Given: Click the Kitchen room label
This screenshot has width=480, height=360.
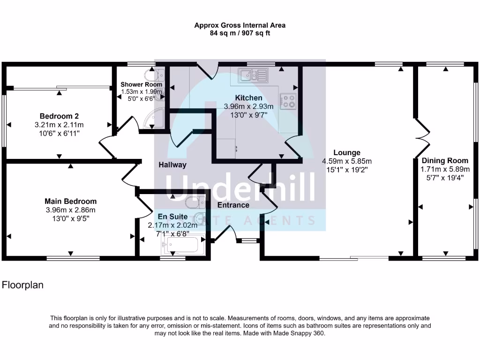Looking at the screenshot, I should tap(248, 98).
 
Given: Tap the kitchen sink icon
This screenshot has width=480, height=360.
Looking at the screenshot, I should tap(252, 75).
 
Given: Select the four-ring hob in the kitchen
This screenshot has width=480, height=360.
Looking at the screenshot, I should tap(287, 100).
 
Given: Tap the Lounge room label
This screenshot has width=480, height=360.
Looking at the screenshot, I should tap(347, 152).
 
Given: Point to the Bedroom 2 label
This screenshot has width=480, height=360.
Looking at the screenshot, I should tap(59, 116).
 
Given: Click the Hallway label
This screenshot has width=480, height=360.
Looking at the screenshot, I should tap(172, 165).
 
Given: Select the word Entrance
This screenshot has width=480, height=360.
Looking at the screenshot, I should tap(233, 205).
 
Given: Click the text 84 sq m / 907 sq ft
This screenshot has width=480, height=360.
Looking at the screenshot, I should tap(240, 33).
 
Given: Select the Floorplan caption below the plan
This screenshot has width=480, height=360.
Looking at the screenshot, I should tap(23, 285).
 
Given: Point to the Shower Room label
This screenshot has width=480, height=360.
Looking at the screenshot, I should tap(141, 84).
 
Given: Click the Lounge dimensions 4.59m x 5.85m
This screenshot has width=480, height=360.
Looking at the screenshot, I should tap(347, 161).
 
